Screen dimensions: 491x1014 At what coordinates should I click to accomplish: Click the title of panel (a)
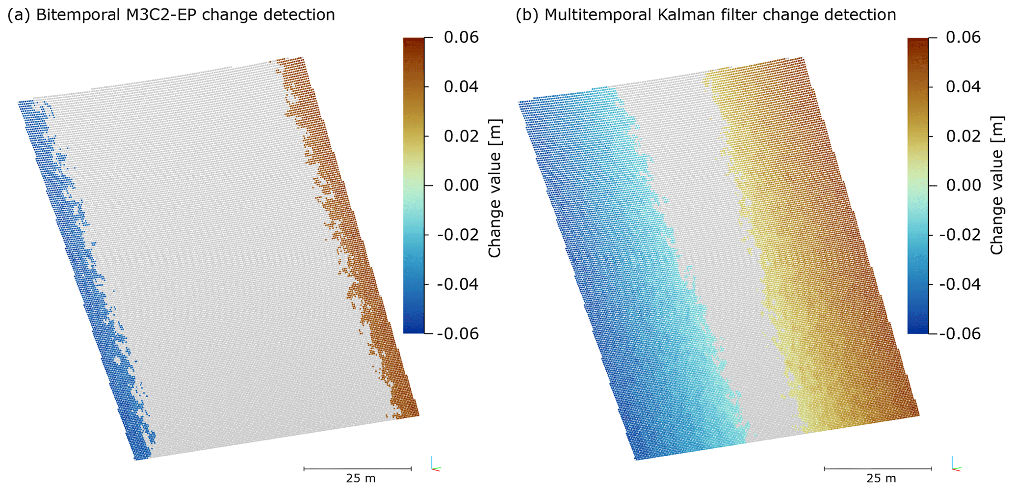(x=171, y=15)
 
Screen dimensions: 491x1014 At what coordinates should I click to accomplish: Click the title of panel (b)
(x=706, y=15)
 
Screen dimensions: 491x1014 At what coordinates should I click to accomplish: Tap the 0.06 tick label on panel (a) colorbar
(x=461, y=37)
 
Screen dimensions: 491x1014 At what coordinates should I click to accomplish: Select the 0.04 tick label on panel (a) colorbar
(x=461, y=87)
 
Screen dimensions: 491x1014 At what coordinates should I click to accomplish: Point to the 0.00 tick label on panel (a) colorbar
(x=461, y=186)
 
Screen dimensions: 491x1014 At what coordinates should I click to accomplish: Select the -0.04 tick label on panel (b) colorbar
(x=960, y=284)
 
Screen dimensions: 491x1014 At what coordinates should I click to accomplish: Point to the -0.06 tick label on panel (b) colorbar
(x=960, y=334)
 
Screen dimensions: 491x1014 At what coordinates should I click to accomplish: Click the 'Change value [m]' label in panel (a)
(x=495, y=188)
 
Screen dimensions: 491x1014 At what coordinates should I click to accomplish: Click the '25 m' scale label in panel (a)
(x=361, y=478)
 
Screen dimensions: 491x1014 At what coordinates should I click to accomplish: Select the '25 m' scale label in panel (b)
(x=881, y=478)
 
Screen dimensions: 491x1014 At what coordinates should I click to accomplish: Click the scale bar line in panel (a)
(x=358, y=469)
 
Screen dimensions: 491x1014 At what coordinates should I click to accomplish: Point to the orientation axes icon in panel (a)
(x=435, y=464)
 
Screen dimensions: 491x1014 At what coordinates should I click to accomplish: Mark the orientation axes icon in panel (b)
(x=955, y=464)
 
